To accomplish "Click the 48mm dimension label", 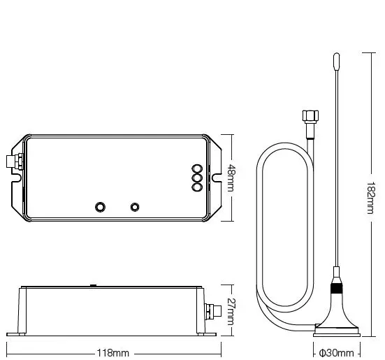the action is (231, 178).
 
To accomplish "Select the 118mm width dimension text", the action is (113, 353).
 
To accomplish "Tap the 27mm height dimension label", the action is (231, 312).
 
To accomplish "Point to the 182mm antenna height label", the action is (370, 198).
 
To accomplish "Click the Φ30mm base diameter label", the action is (336, 353).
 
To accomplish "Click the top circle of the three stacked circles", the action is (197, 169).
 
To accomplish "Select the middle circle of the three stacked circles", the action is (197, 178).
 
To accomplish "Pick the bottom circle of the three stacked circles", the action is (197, 187).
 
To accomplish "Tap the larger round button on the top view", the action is (100, 207).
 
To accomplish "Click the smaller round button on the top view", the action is (135, 207).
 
